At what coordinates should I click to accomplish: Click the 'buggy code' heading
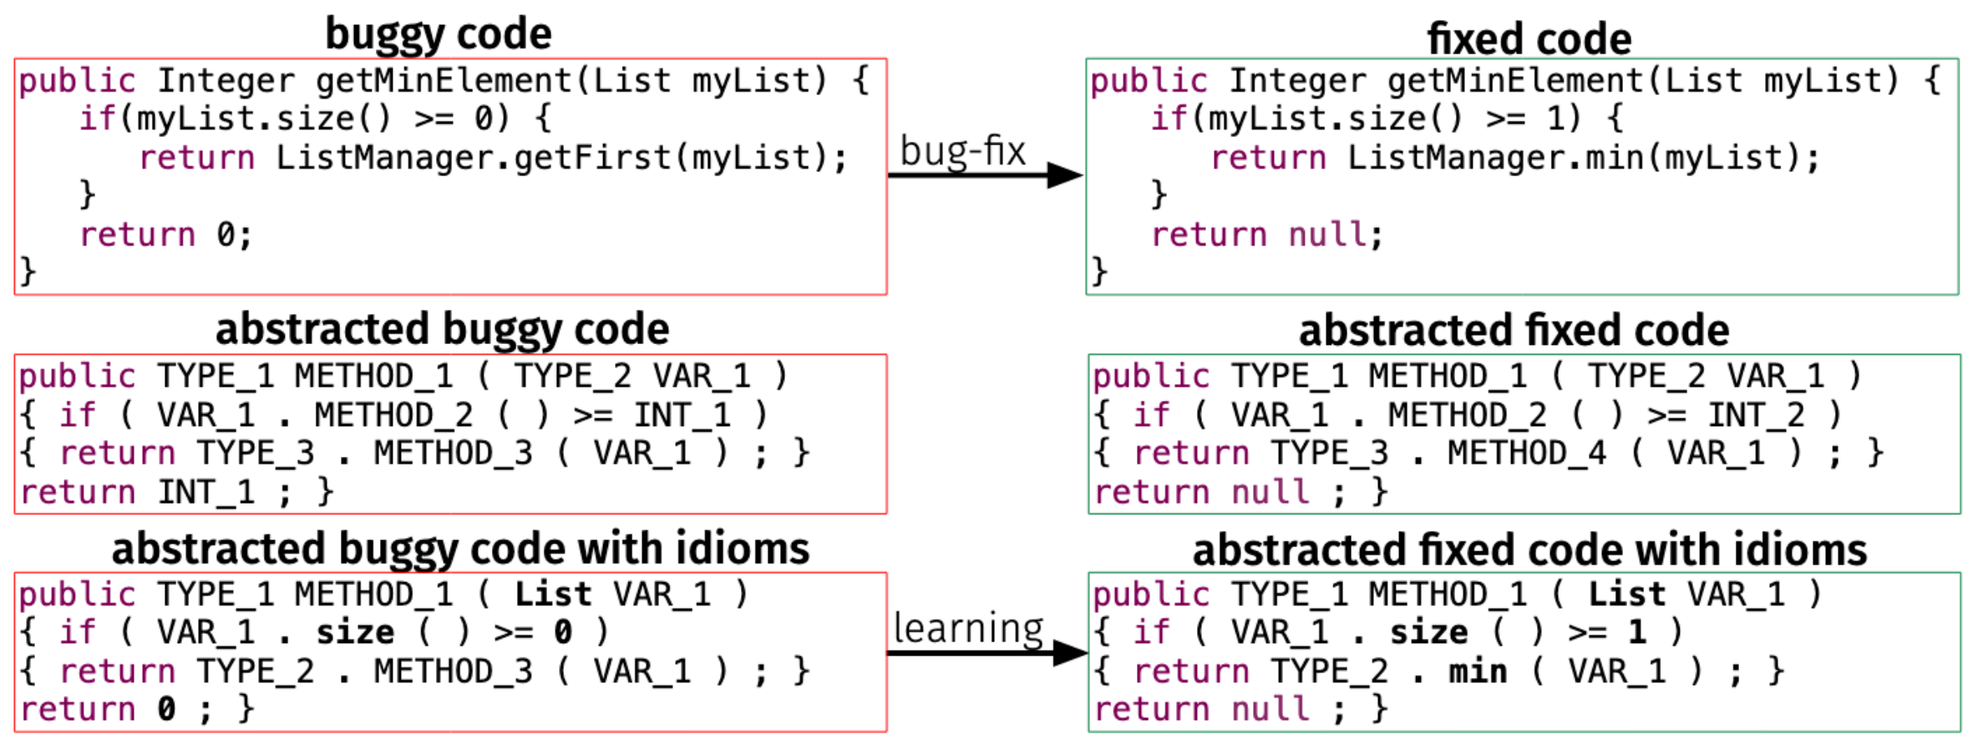pos(438,35)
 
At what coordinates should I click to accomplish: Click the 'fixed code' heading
pos(1528,39)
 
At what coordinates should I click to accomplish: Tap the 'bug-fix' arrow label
pos(961,152)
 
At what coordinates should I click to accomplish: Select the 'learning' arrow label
pos(968,628)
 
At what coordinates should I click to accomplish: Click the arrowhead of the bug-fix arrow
pos(1065,175)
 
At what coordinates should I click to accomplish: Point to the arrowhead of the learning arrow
pos(1070,653)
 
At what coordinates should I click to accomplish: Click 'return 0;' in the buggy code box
pos(165,235)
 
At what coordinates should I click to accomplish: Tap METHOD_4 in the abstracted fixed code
pos(1526,453)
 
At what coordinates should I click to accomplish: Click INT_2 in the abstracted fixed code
pos(1755,414)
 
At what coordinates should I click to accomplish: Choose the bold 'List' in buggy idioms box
pos(552,594)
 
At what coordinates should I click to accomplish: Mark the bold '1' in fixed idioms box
pos(1637,632)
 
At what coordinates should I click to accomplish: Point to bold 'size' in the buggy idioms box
pos(355,632)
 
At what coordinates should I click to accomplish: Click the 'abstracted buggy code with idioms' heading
pos(460,549)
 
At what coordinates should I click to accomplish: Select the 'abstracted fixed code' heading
pos(1513,330)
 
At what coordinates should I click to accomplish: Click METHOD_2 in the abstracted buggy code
pos(393,414)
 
